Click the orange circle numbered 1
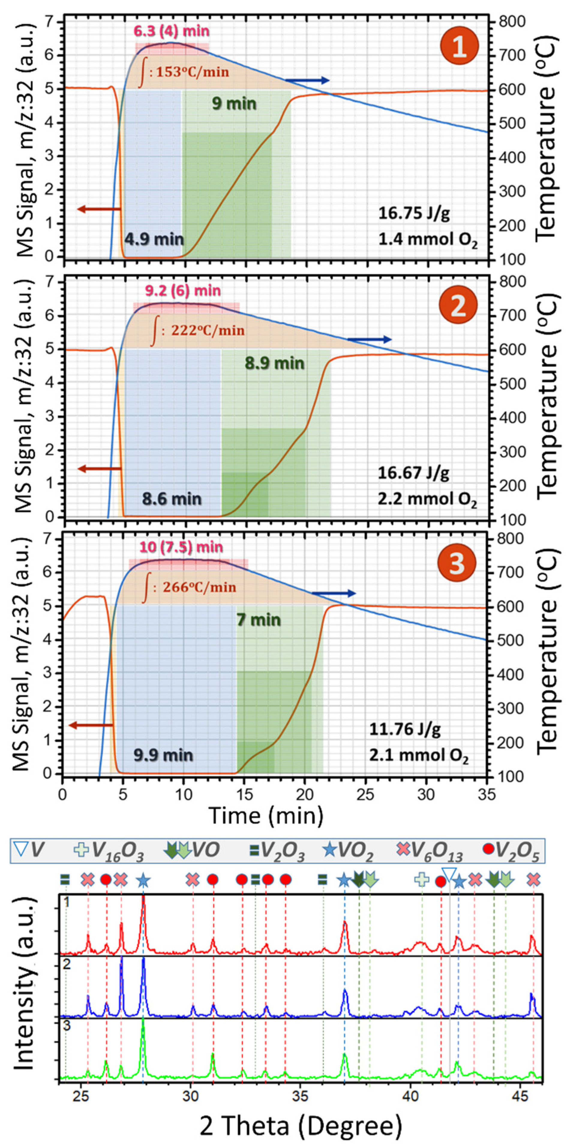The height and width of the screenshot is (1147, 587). [x=459, y=46]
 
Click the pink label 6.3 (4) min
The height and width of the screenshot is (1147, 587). [x=172, y=31]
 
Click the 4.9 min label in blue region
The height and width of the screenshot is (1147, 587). [x=154, y=240]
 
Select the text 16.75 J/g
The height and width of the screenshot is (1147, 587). [x=414, y=213]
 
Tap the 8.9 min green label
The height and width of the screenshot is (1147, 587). [x=274, y=363]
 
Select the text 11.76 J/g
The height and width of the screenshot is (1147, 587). [x=405, y=729]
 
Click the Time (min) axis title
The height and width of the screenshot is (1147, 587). [x=265, y=816]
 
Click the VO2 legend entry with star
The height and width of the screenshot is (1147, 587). [x=347, y=850]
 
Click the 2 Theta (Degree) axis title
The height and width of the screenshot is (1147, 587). [x=301, y=1125]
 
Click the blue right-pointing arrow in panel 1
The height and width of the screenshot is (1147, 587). [x=307, y=81]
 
